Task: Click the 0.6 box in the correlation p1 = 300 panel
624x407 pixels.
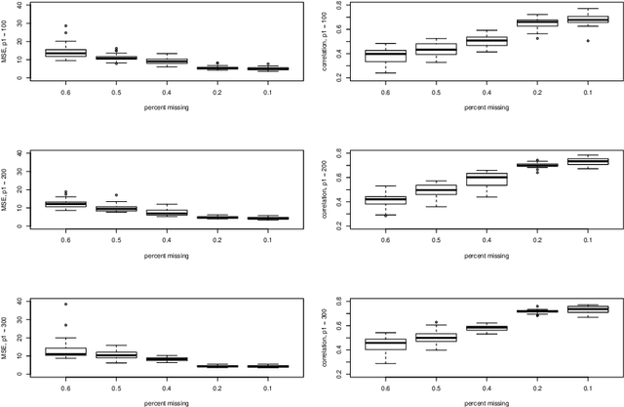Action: (385, 344)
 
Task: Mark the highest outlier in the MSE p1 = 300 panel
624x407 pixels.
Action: (66, 305)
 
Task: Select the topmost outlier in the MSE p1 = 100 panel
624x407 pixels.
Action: (66, 26)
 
